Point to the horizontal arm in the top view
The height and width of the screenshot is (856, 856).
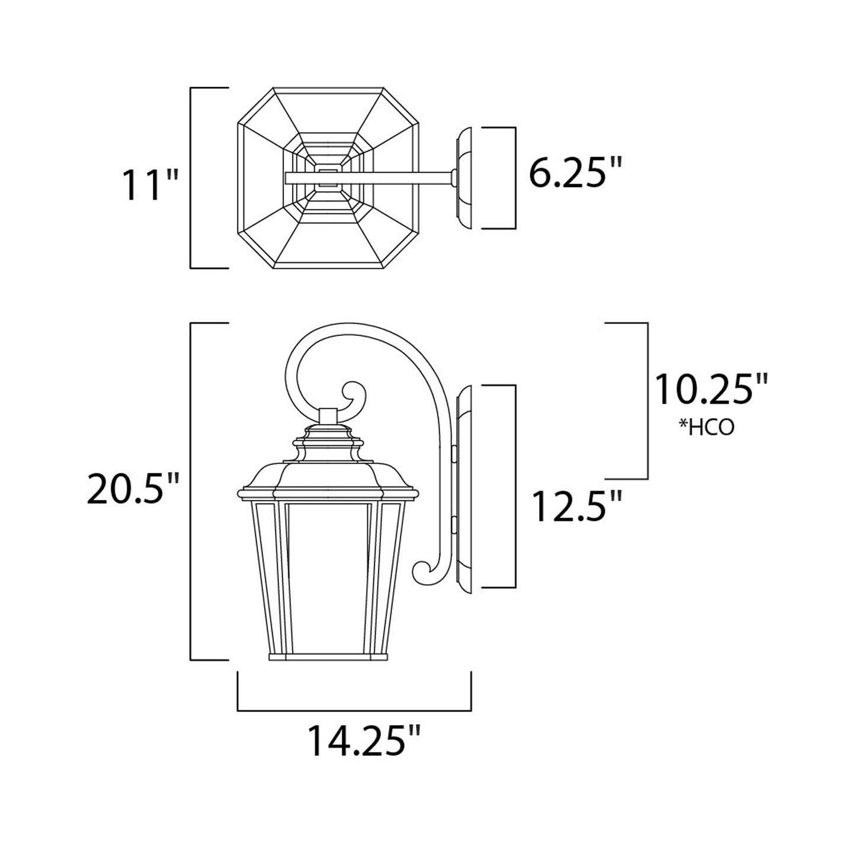[367, 177]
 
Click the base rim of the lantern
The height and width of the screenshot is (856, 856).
[328, 657]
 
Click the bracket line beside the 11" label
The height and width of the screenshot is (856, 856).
[191, 178]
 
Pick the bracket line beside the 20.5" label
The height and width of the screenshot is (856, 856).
[191, 492]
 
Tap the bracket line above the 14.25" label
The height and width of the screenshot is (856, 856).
[354, 710]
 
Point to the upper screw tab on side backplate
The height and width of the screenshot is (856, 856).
[454, 454]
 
